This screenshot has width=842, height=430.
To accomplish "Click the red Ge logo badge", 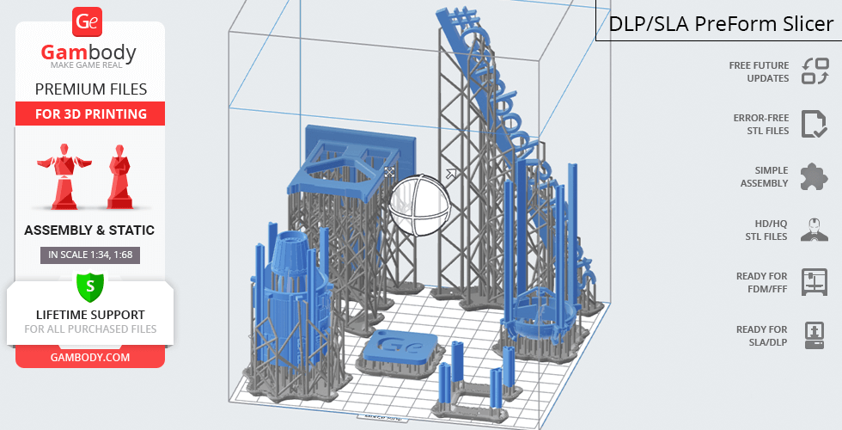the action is coord(87,22).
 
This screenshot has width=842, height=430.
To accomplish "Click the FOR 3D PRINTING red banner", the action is coord(90,114).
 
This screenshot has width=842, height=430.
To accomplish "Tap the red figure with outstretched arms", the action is coord(64,175).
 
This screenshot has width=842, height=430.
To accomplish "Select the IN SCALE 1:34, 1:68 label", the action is coord(90,255).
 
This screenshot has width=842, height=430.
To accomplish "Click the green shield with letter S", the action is coord(90,286).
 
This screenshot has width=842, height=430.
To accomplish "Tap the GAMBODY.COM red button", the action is coord(90,358).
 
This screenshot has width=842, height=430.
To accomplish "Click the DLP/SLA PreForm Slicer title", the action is coord(721,24).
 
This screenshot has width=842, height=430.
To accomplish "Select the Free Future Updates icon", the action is coord(815,71).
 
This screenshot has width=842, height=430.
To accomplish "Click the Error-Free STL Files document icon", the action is coord(815,124).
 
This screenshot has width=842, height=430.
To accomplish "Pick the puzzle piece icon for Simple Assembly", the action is coord(815,177).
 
